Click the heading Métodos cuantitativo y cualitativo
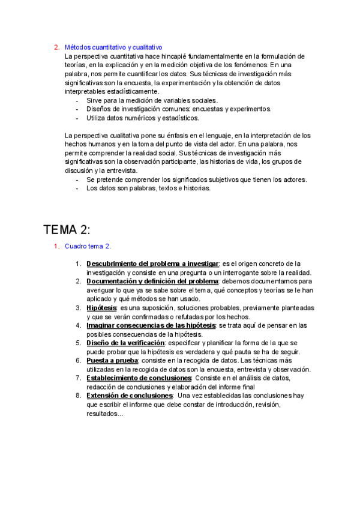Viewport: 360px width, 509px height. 113,47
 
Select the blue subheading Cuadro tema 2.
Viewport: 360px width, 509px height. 88,246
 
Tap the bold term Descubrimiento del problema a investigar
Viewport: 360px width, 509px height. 153,264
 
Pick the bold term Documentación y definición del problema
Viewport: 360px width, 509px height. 152,281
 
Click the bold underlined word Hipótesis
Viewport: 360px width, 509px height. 101,307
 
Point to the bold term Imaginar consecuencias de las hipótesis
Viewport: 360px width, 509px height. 151,325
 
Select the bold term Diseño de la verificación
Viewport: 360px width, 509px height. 125,343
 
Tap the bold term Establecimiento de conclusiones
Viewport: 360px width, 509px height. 139,378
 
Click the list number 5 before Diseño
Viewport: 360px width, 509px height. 79,343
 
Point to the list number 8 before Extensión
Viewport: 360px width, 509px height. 79,396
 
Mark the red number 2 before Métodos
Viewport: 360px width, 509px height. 56,47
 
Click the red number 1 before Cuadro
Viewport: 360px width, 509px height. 56,246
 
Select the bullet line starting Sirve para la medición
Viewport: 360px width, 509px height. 152,100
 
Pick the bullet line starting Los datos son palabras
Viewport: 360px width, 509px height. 148,188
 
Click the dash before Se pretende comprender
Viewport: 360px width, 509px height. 77,179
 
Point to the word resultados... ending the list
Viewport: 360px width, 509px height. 104,413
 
